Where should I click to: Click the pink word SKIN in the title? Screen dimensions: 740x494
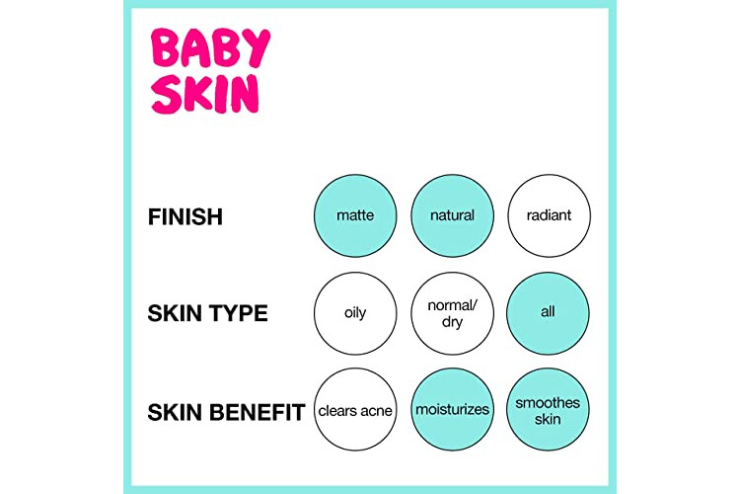click(x=205, y=94)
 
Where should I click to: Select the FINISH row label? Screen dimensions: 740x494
click(x=185, y=217)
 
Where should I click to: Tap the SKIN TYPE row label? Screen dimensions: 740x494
click(x=207, y=313)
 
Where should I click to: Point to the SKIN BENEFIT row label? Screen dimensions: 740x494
click(x=226, y=412)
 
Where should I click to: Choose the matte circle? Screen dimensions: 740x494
click(x=355, y=215)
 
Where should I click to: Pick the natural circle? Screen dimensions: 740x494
click(x=452, y=215)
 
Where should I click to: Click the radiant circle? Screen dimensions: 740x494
click(x=549, y=215)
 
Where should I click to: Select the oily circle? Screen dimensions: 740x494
click(x=355, y=313)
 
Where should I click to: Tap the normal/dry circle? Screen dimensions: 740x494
click(x=452, y=313)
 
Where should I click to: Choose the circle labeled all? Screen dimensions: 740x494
click(x=548, y=313)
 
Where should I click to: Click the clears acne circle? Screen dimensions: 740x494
click(x=355, y=409)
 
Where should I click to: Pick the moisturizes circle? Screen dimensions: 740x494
click(x=452, y=409)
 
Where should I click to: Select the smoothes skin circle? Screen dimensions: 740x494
click(x=548, y=409)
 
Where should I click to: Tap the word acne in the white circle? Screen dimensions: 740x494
click(x=375, y=411)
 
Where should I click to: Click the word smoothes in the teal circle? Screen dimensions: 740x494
click(x=548, y=403)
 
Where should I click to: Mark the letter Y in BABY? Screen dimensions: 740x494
click(x=257, y=47)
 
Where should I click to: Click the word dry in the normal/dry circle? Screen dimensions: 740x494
click(x=452, y=322)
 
